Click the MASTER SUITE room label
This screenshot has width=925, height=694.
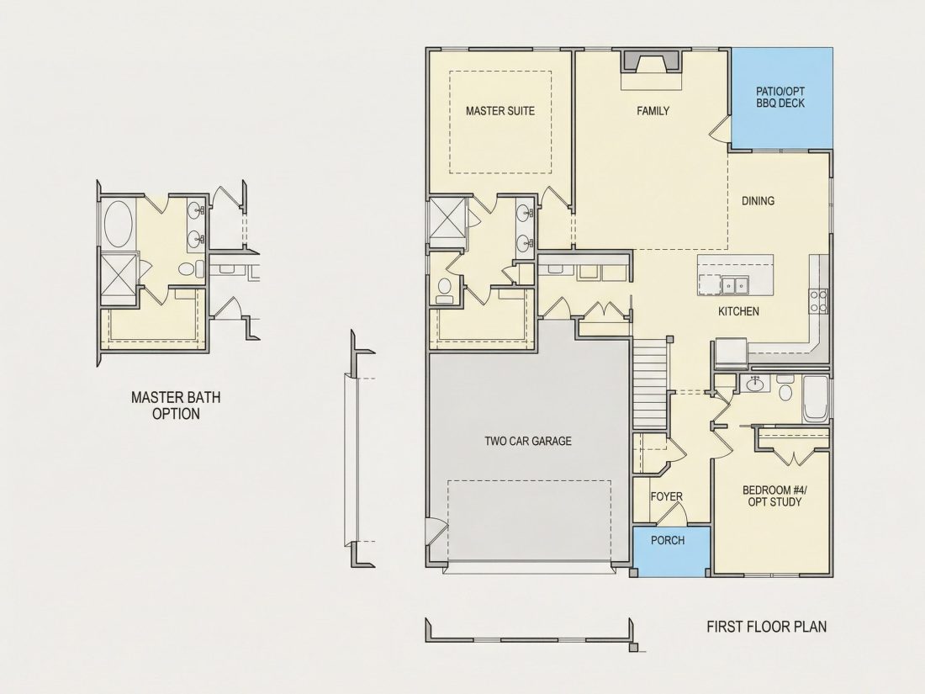pos(500,111)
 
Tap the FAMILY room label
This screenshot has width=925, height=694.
pos(653,111)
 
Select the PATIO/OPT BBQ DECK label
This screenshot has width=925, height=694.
pos(780,98)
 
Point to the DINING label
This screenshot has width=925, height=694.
pos(758,201)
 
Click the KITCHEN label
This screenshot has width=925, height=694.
pos(738,311)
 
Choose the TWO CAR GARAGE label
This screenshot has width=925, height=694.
pos(528,441)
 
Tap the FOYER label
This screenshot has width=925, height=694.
pos(667,497)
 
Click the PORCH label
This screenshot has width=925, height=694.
pos(668,540)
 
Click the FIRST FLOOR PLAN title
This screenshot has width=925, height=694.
pos(766,626)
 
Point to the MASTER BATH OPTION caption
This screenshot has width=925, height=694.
pos(176,405)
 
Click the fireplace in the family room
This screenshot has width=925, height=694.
pos(651,61)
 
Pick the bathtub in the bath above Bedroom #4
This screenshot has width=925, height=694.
pos(816,399)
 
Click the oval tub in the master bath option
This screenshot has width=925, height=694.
pos(118,225)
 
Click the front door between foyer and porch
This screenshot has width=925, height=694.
pos(672,516)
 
